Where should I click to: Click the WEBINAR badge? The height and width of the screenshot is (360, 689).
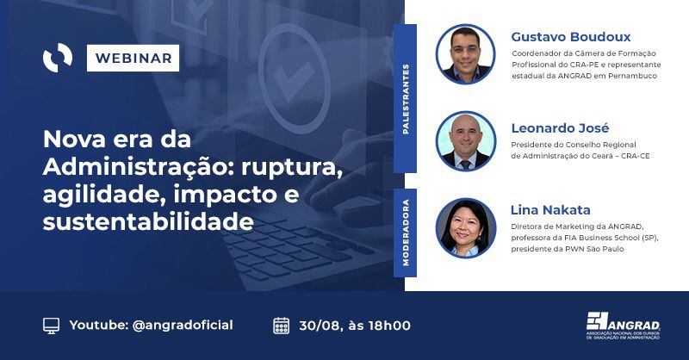(133, 59)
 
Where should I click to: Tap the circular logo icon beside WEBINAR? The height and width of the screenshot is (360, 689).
(58, 59)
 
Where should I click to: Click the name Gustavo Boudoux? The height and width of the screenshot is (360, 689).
(570, 37)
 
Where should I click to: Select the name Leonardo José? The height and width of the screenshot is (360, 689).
(560, 128)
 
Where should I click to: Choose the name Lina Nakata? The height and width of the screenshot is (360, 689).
(550, 209)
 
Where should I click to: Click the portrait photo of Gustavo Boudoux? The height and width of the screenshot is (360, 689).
(465, 53)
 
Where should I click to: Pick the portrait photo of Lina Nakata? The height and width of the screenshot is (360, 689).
(465, 227)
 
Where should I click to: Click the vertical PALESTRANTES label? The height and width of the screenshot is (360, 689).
(406, 98)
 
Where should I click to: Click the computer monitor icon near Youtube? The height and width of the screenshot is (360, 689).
(52, 326)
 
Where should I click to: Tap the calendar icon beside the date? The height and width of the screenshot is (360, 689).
(281, 326)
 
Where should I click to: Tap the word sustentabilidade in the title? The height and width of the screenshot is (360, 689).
(148, 222)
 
